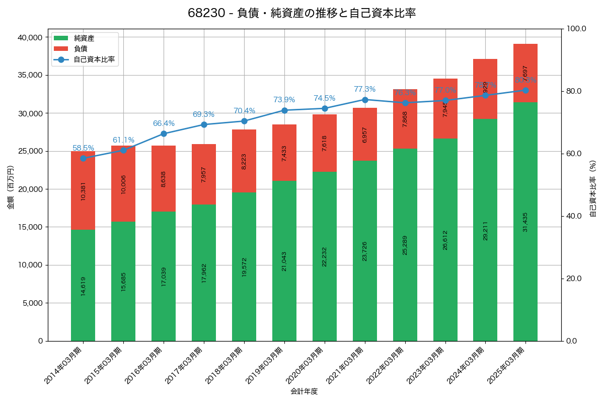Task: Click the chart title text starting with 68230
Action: pyautogui.click(x=301, y=13)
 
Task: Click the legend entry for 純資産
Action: pyautogui.click(x=84, y=38)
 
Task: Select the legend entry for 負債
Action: pyautogui.click(x=81, y=49)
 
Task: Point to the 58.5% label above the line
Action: pyautogui.click(x=83, y=148)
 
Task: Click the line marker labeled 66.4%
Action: pyautogui.click(x=164, y=133)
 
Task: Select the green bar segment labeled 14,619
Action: pyautogui.click(x=83, y=285)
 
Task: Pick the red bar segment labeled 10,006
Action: pyautogui.click(x=123, y=183)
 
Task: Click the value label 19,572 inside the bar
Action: pyautogui.click(x=244, y=264)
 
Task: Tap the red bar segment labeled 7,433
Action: pyautogui.click(x=284, y=153)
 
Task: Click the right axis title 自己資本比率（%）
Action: pyautogui.click(x=593, y=188)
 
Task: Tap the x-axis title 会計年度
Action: pyautogui.click(x=304, y=391)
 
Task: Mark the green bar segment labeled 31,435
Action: pyautogui.click(x=525, y=222)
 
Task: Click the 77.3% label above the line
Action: pyautogui.click(x=364, y=89)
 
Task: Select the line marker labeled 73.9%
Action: pyautogui.click(x=284, y=110)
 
